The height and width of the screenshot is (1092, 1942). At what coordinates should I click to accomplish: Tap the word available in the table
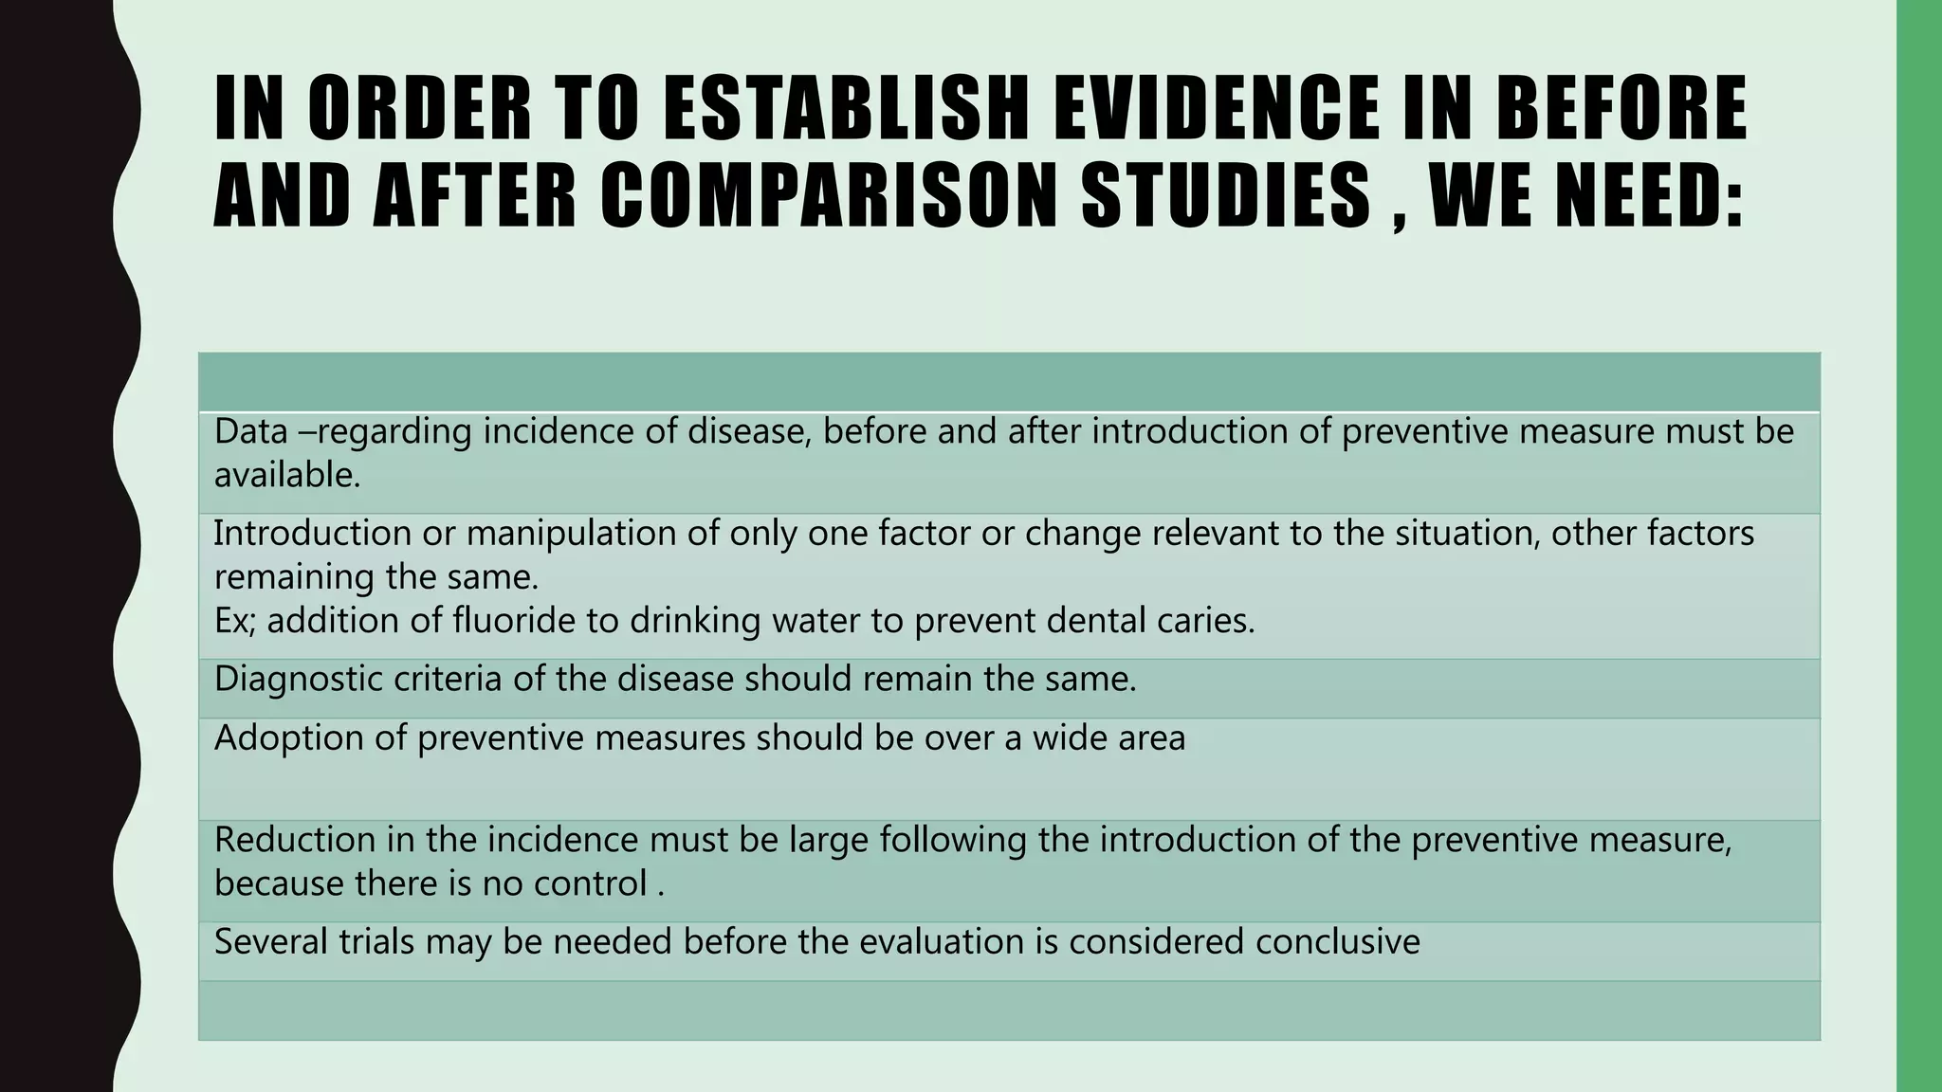[286, 475]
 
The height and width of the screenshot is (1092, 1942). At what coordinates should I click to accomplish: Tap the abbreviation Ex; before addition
[230, 621]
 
